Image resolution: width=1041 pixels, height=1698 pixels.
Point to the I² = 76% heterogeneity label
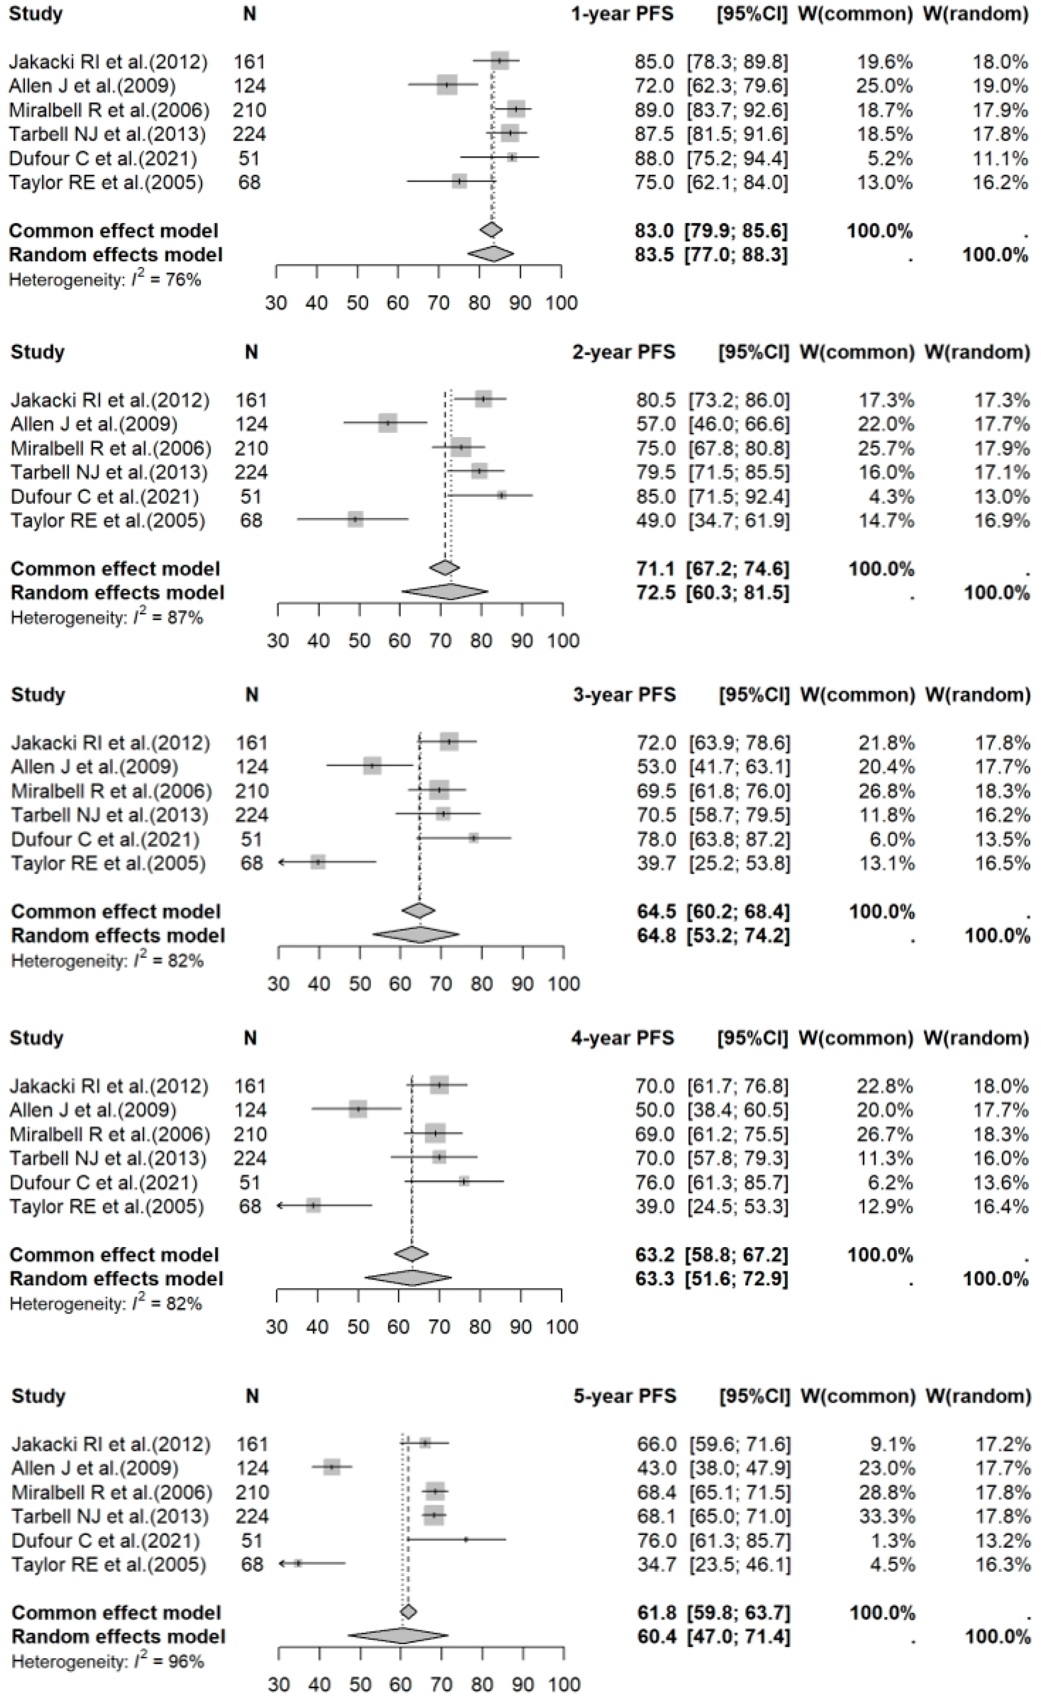click(105, 280)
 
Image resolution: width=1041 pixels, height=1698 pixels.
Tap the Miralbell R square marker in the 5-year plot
click(435, 1492)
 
